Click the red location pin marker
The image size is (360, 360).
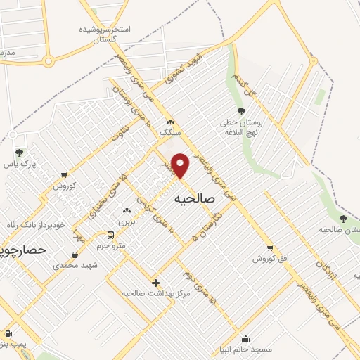coord(181,165)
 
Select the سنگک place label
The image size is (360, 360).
coord(170,131)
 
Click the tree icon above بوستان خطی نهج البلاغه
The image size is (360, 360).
coord(242,111)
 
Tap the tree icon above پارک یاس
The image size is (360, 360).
coord(19,153)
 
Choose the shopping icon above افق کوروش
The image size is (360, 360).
coord(270,248)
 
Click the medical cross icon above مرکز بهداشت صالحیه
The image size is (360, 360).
coord(155,283)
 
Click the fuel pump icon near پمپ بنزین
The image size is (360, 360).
coord(8,334)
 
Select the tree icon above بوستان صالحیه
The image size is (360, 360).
coord(343,219)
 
